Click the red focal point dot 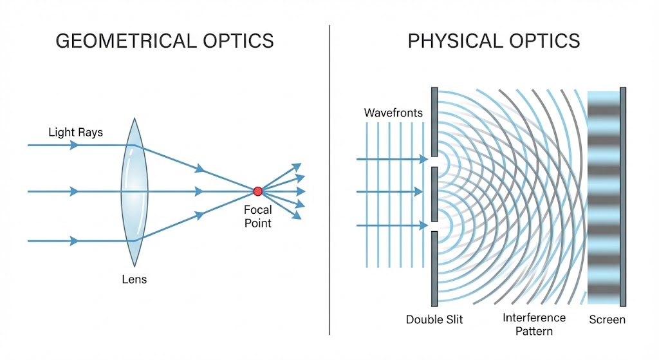(x=257, y=191)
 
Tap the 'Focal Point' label (x=257, y=216)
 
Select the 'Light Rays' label (x=76, y=133)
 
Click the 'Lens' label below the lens (x=135, y=279)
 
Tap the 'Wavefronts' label (x=393, y=113)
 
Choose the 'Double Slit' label (x=434, y=319)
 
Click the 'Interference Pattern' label (x=534, y=324)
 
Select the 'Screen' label (x=608, y=319)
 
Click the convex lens (x=135, y=192)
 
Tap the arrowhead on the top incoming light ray (x=74, y=145)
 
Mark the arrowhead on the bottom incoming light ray (x=74, y=241)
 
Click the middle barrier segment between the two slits (x=434, y=194)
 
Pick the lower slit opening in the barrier (x=434, y=226)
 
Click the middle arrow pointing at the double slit (x=389, y=192)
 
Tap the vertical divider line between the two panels (x=329, y=180)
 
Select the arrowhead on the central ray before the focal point (x=200, y=191)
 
